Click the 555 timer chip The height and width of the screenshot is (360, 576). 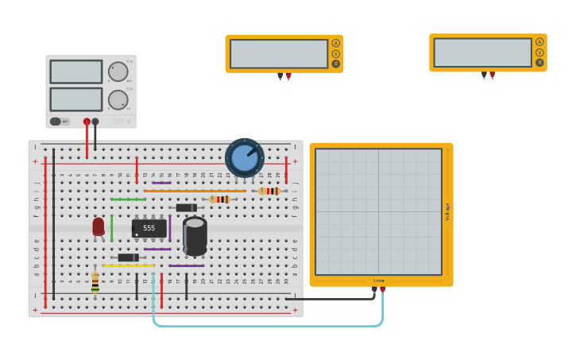[x=149, y=228]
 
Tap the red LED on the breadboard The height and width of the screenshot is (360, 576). [x=98, y=226]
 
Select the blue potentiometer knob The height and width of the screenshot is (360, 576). [x=245, y=157]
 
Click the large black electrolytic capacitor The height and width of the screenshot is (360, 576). [x=195, y=235]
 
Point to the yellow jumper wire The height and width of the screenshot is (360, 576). [x=127, y=265]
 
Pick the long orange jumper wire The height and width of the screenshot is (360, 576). [x=195, y=191]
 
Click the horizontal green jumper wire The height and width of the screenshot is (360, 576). [x=128, y=199]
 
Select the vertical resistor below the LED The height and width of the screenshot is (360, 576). [x=95, y=281]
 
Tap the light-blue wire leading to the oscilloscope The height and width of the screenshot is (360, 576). [x=262, y=326]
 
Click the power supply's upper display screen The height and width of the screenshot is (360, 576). [x=76, y=72]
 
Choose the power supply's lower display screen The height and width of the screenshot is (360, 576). [x=76, y=99]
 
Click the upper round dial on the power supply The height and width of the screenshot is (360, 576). [x=118, y=72]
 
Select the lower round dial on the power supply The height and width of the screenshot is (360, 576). [x=118, y=99]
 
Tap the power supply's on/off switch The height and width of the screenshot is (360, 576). [x=56, y=122]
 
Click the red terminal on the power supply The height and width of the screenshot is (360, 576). [x=87, y=122]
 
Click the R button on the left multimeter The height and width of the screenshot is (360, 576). [x=335, y=64]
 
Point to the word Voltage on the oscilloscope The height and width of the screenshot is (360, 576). [x=447, y=211]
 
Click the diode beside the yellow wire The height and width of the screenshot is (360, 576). [x=127, y=257]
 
